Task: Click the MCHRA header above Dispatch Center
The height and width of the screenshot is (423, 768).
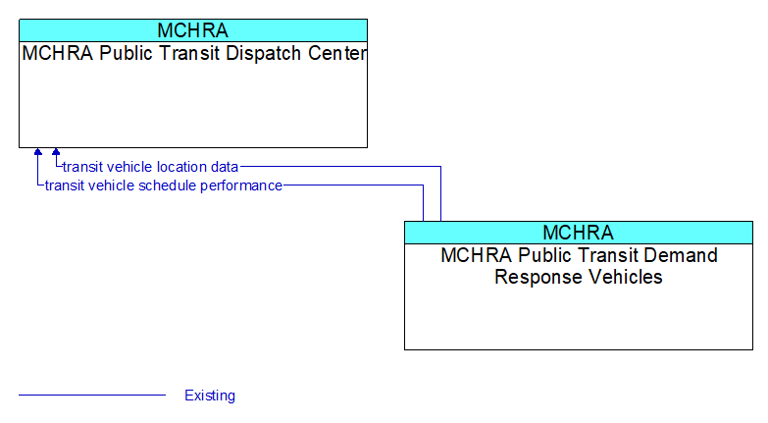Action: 193,30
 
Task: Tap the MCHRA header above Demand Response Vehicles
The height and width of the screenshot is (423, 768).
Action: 579,233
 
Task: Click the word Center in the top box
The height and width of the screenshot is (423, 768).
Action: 337,53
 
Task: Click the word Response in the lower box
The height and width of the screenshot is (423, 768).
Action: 539,277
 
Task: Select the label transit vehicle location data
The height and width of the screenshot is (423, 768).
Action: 150,167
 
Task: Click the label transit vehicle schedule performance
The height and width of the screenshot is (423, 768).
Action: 164,185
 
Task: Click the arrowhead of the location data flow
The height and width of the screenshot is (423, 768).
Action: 56,152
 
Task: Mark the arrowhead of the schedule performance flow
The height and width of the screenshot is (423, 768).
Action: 38,152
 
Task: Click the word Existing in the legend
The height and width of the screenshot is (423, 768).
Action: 210,396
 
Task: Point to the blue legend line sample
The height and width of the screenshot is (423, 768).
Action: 92,395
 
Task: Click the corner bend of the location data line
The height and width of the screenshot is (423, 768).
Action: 440,167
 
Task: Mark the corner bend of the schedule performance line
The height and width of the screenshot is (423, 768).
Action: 423,185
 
